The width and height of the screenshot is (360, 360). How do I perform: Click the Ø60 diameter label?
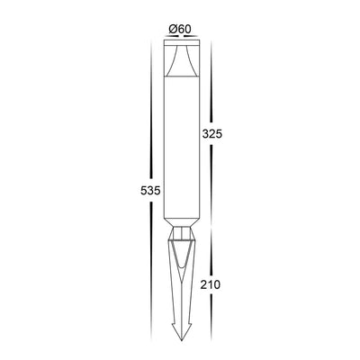tap(179, 28)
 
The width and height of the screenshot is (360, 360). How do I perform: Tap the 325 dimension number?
tap(211, 132)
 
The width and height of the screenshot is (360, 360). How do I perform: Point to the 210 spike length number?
tap(211, 284)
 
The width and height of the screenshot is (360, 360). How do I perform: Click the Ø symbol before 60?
tap(172, 28)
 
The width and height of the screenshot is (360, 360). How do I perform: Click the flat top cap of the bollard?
tap(179, 41)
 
